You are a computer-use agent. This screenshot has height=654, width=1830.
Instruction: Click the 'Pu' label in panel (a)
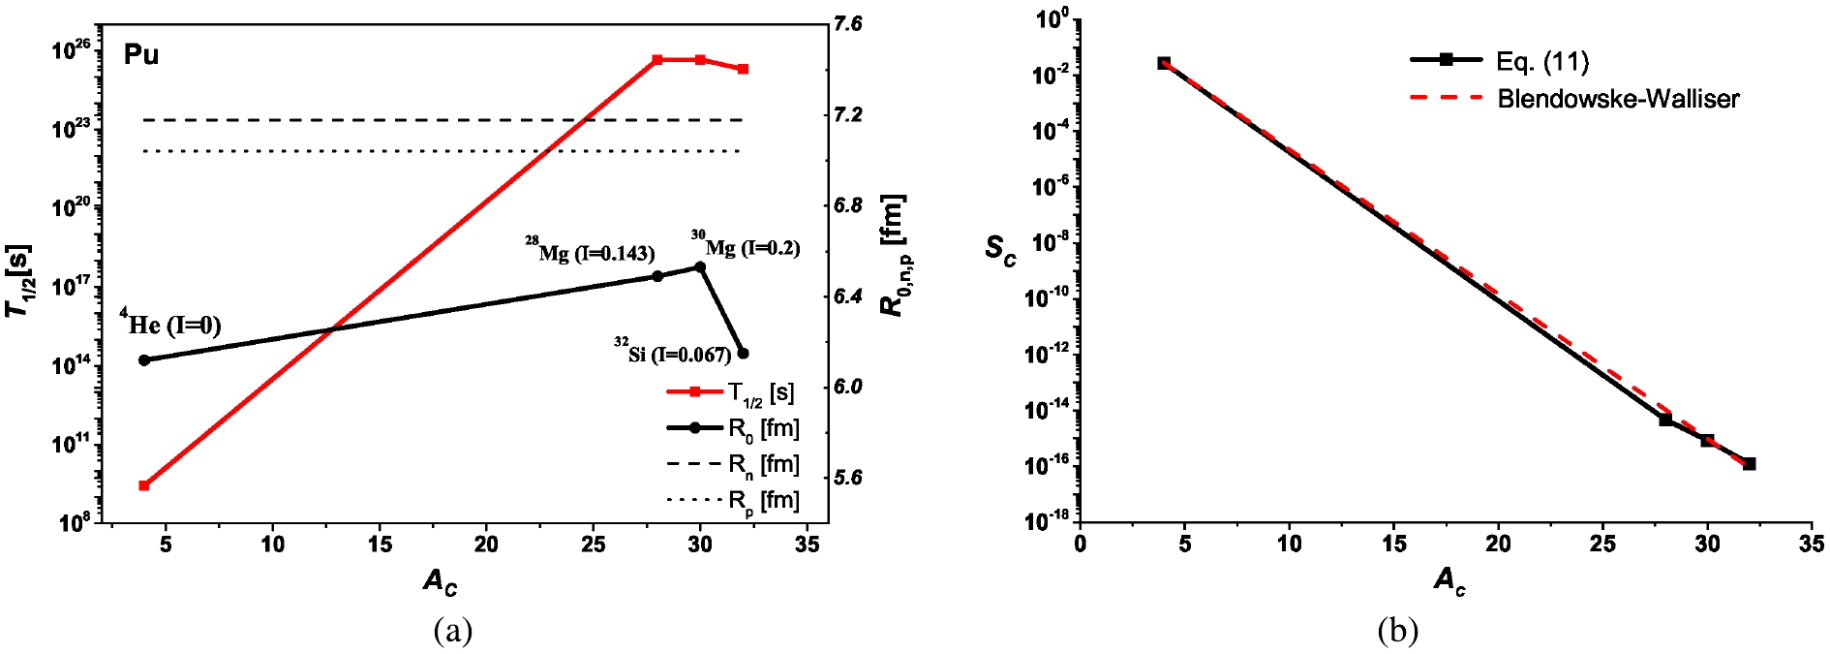(141, 55)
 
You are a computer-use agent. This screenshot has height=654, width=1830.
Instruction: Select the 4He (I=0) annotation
(170, 324)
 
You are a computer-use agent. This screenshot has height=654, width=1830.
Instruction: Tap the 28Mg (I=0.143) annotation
(591, 252)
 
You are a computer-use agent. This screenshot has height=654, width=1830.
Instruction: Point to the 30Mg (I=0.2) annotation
(746, 246)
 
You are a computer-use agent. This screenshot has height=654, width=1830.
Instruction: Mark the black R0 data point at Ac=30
(700, 267)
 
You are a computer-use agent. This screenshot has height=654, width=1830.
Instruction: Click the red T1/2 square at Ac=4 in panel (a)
(144, 485)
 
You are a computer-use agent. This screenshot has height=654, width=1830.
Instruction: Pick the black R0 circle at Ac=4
(144, 360)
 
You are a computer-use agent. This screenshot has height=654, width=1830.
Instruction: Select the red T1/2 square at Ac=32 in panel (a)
(743, 69)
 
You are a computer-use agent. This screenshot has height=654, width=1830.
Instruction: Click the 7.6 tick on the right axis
(847, 24)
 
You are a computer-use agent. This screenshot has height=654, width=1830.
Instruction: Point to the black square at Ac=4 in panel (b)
(1164, 63)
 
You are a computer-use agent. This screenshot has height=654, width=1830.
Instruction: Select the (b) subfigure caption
(1397, 632)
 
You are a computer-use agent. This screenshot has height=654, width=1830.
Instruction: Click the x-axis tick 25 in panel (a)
(593, 545)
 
